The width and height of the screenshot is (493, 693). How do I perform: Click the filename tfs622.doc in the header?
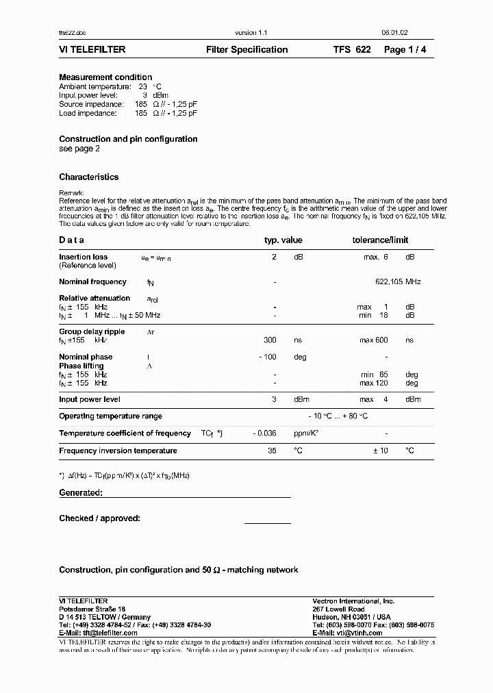(x=72, y=33)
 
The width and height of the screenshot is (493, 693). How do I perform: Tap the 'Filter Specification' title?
(x=246, y=50)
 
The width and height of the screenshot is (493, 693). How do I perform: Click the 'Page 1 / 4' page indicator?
(x=409, y=50)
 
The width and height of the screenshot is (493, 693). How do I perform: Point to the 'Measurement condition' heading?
(x=105, y=77)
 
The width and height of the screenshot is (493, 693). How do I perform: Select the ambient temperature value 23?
(x=143, y=87)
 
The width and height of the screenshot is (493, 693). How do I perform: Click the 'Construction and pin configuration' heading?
(x=128, y=139)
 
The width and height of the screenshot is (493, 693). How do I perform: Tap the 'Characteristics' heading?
(x=88, y=177)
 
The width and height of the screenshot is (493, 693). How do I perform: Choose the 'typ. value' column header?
(x=283, y=240)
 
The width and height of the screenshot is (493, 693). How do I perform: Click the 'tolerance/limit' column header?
(x=380, y=240)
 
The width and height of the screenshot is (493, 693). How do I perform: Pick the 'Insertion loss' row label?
(x=83, y=257)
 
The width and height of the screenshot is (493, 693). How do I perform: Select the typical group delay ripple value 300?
(x=270, y=340)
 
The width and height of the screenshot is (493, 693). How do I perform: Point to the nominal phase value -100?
(x=268, y=357)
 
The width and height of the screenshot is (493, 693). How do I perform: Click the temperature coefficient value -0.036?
(x=265, y=433)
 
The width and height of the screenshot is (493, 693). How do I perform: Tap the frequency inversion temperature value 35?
(x=271, y=451)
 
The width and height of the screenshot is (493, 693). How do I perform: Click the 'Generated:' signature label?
(x=81, y=493)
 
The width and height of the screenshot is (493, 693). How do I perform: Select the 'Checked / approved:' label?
(x=99, y=518)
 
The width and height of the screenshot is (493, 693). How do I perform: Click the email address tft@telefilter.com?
(x=108, y=633)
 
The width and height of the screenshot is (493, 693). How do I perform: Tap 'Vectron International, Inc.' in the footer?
(x=353, y=601)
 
